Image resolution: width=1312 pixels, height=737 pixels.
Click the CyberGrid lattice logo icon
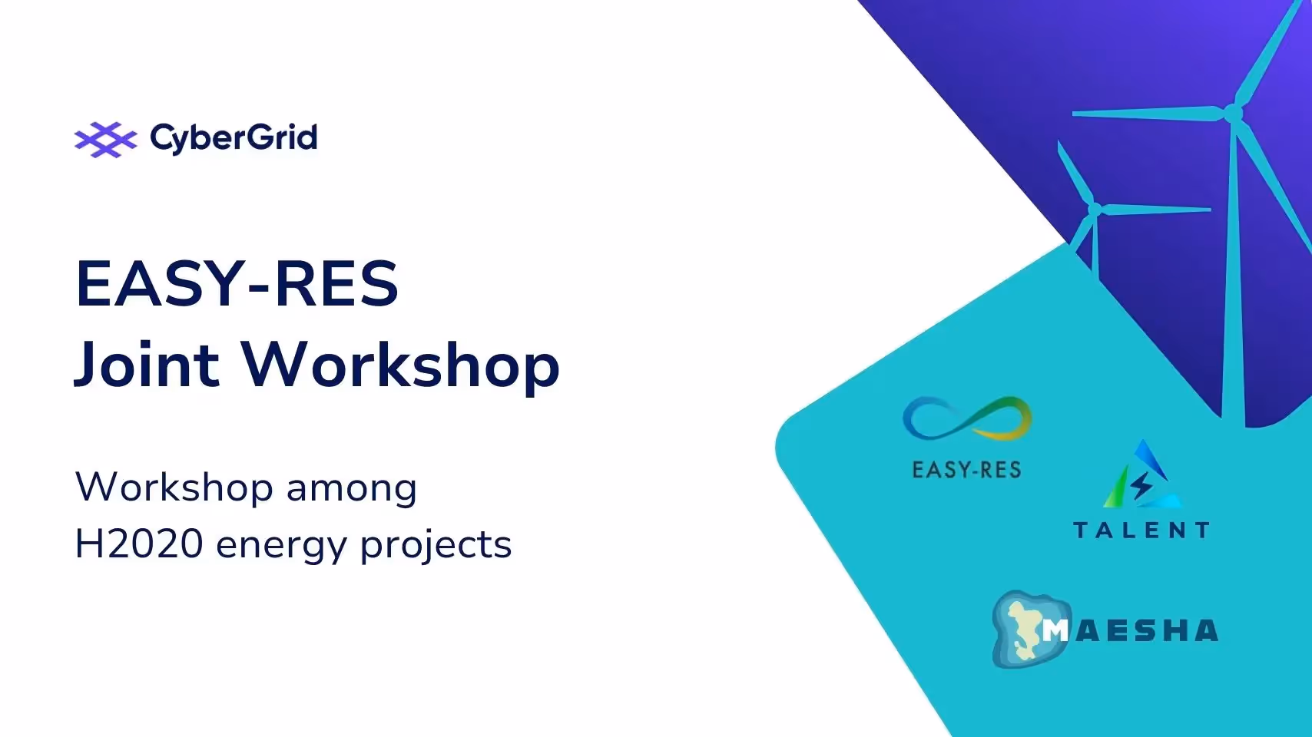[105, 139]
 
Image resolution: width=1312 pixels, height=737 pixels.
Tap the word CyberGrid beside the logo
[234, 138]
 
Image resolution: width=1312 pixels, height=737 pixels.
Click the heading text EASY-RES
[237, 284]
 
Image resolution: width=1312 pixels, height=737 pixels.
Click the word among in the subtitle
[351, 488]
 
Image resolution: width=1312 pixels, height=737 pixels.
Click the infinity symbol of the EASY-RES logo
[966, 418]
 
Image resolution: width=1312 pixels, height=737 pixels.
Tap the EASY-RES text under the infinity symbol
[966, 470]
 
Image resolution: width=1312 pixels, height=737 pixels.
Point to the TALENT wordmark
[1141, 530]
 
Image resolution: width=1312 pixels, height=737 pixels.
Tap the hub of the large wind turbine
[1233, 114]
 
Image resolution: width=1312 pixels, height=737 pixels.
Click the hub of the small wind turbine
[1095, 209]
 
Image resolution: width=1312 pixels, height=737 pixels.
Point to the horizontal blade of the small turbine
[1156, 208]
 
